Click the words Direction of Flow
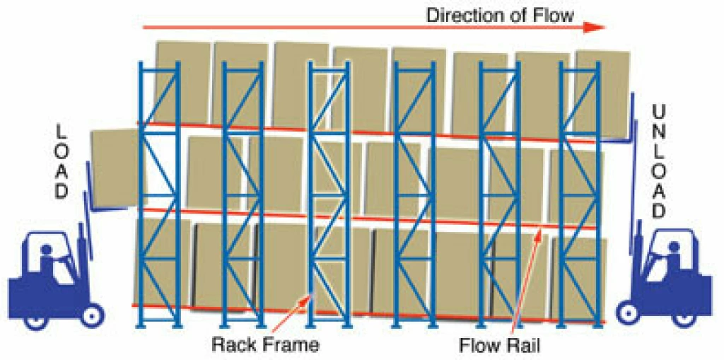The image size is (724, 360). [500, 14]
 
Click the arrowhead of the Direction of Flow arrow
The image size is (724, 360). [596, 28]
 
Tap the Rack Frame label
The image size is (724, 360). [265, 345]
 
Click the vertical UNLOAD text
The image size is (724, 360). [659, 163]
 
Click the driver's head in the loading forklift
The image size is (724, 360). [47, 250]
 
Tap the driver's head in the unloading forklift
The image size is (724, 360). [673, 248]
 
